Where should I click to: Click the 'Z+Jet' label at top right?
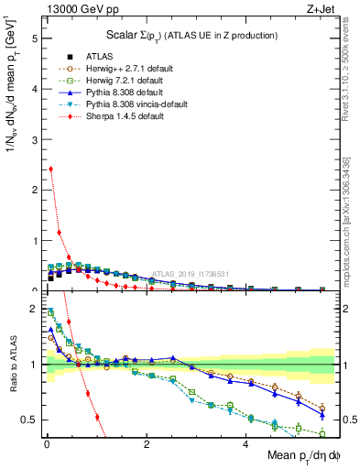tap(319, 10)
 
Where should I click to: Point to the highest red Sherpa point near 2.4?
tap(50, 169)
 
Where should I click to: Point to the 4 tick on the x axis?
tap(245, 445)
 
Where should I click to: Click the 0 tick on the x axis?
tap(47, 445)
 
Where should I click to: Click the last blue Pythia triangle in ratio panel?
tap(322, 414)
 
